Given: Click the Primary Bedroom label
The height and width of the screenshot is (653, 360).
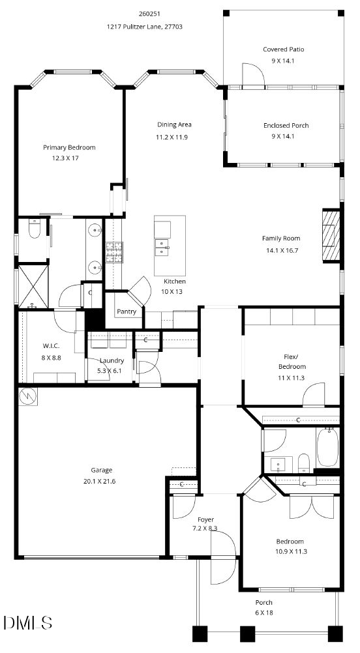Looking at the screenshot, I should coord(69,147).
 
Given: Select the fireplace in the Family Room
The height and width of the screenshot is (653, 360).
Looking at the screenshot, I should coord(331,235).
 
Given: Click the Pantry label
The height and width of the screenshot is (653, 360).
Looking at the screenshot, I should coord(127,312).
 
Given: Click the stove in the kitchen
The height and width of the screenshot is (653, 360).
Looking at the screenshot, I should coord(114,252).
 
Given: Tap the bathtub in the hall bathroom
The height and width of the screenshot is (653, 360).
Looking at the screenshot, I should coord(328,447).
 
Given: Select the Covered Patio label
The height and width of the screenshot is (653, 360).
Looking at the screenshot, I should coord(283,50).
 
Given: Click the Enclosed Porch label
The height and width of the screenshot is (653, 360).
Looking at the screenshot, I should coord(286,125).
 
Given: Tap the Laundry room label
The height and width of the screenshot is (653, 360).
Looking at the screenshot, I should coord(112,361).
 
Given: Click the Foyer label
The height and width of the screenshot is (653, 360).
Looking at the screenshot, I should coord(205,519).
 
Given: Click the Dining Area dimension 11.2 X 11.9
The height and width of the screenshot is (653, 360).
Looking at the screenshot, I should coord(174,137).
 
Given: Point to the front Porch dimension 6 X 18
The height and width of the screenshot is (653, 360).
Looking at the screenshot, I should coord(264,613).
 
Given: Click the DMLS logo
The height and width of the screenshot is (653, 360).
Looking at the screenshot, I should coord(27,623).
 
